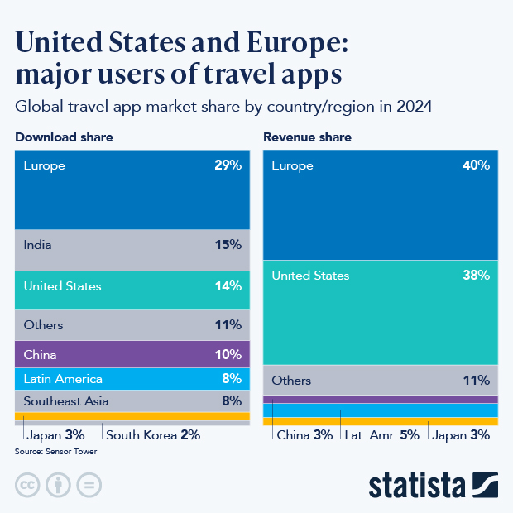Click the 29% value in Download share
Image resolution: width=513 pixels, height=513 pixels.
(227, 165)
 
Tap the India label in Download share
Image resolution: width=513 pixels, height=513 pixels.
(38, 245)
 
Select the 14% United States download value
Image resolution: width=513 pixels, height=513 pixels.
(227, 286)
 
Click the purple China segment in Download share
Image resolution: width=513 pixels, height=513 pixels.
(132, 354)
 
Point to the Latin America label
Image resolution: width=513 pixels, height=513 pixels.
(63, 379)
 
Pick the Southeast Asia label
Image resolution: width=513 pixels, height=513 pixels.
(66, 401)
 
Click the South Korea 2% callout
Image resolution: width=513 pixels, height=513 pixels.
(153, 434)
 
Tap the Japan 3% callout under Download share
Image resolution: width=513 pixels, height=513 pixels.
(55, 434)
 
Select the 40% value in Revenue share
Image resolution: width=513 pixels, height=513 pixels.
(476, 165)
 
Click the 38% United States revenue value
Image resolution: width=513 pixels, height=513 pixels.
(476, 276)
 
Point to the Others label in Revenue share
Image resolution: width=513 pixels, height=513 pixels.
(291, 381)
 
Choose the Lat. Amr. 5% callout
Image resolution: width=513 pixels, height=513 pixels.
(381, 434)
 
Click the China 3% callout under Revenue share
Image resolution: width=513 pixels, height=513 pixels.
(304, 434)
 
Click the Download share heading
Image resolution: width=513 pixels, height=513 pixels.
(64, 137)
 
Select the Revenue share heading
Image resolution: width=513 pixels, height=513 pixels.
(307, 137)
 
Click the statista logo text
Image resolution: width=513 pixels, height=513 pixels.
(418, 485)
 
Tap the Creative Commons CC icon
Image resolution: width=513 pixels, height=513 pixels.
(27, 485)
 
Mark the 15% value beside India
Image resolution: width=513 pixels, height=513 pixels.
(227, 245)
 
